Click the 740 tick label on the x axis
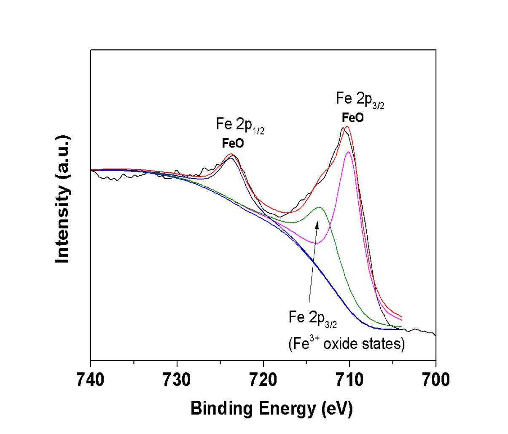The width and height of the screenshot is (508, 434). [90, 380]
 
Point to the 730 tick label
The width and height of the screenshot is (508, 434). [177, 380]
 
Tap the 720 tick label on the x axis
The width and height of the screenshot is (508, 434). [263, 380]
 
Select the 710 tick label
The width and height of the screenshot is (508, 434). [349, 380]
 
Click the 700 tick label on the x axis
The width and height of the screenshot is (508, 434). [435, 380]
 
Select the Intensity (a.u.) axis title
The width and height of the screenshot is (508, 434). [63, 200]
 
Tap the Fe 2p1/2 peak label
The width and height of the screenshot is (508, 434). [240, 125]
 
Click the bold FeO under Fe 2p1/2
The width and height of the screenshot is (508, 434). [233, 144]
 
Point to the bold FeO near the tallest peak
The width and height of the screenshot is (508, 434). [352, 118]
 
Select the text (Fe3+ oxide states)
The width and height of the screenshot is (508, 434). [347, 344]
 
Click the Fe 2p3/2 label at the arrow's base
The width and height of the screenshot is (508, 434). [312, 318]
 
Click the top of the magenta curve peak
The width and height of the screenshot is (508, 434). [348, 152]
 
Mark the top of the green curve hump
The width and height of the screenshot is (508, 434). [319, 207]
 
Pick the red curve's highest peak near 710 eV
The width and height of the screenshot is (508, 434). [347, 126]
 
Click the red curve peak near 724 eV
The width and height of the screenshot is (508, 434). [231, 154]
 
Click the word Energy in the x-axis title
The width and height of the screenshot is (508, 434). [289, 408]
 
